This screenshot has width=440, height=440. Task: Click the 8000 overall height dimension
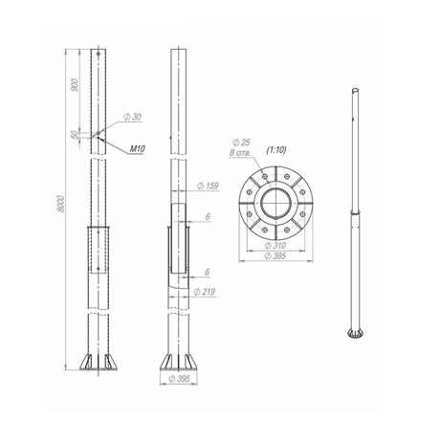(61, 204)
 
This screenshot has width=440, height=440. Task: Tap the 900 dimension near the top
(75, 85)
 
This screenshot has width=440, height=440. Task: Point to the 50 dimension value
(75, 135)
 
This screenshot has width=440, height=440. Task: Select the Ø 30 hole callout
(132, 117)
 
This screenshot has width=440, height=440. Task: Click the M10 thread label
(138, 149)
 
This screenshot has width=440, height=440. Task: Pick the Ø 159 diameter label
(208, 186)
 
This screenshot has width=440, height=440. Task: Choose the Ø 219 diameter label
(205, 292)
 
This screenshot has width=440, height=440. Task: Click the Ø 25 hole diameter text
(241, 143)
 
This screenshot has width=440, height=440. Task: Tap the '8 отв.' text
(240, 153)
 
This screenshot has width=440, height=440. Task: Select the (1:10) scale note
(276, 150)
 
